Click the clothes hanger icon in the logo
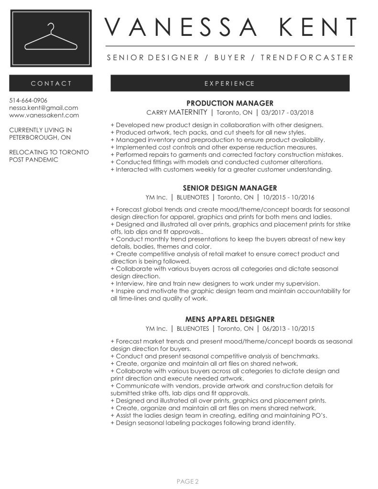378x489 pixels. coord(51,38)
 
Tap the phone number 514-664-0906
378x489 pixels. coord(28,100)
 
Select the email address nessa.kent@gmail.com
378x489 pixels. coord(43,108)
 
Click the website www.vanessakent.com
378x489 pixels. coord(44,115)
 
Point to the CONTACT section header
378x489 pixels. coord(51,83)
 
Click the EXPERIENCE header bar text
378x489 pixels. coord(229,83)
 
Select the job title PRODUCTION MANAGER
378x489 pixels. coord(229,103)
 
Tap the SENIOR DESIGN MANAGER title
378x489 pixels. coord(229,188)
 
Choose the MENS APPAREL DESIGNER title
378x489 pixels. coord(229,319)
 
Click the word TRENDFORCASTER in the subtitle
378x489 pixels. coord(306,58)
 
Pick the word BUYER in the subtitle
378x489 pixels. coord(230,58)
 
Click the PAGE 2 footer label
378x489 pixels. coord(188,481)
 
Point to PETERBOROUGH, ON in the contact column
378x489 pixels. coord(40,137)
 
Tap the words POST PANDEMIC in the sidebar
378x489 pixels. coord(33,160)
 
